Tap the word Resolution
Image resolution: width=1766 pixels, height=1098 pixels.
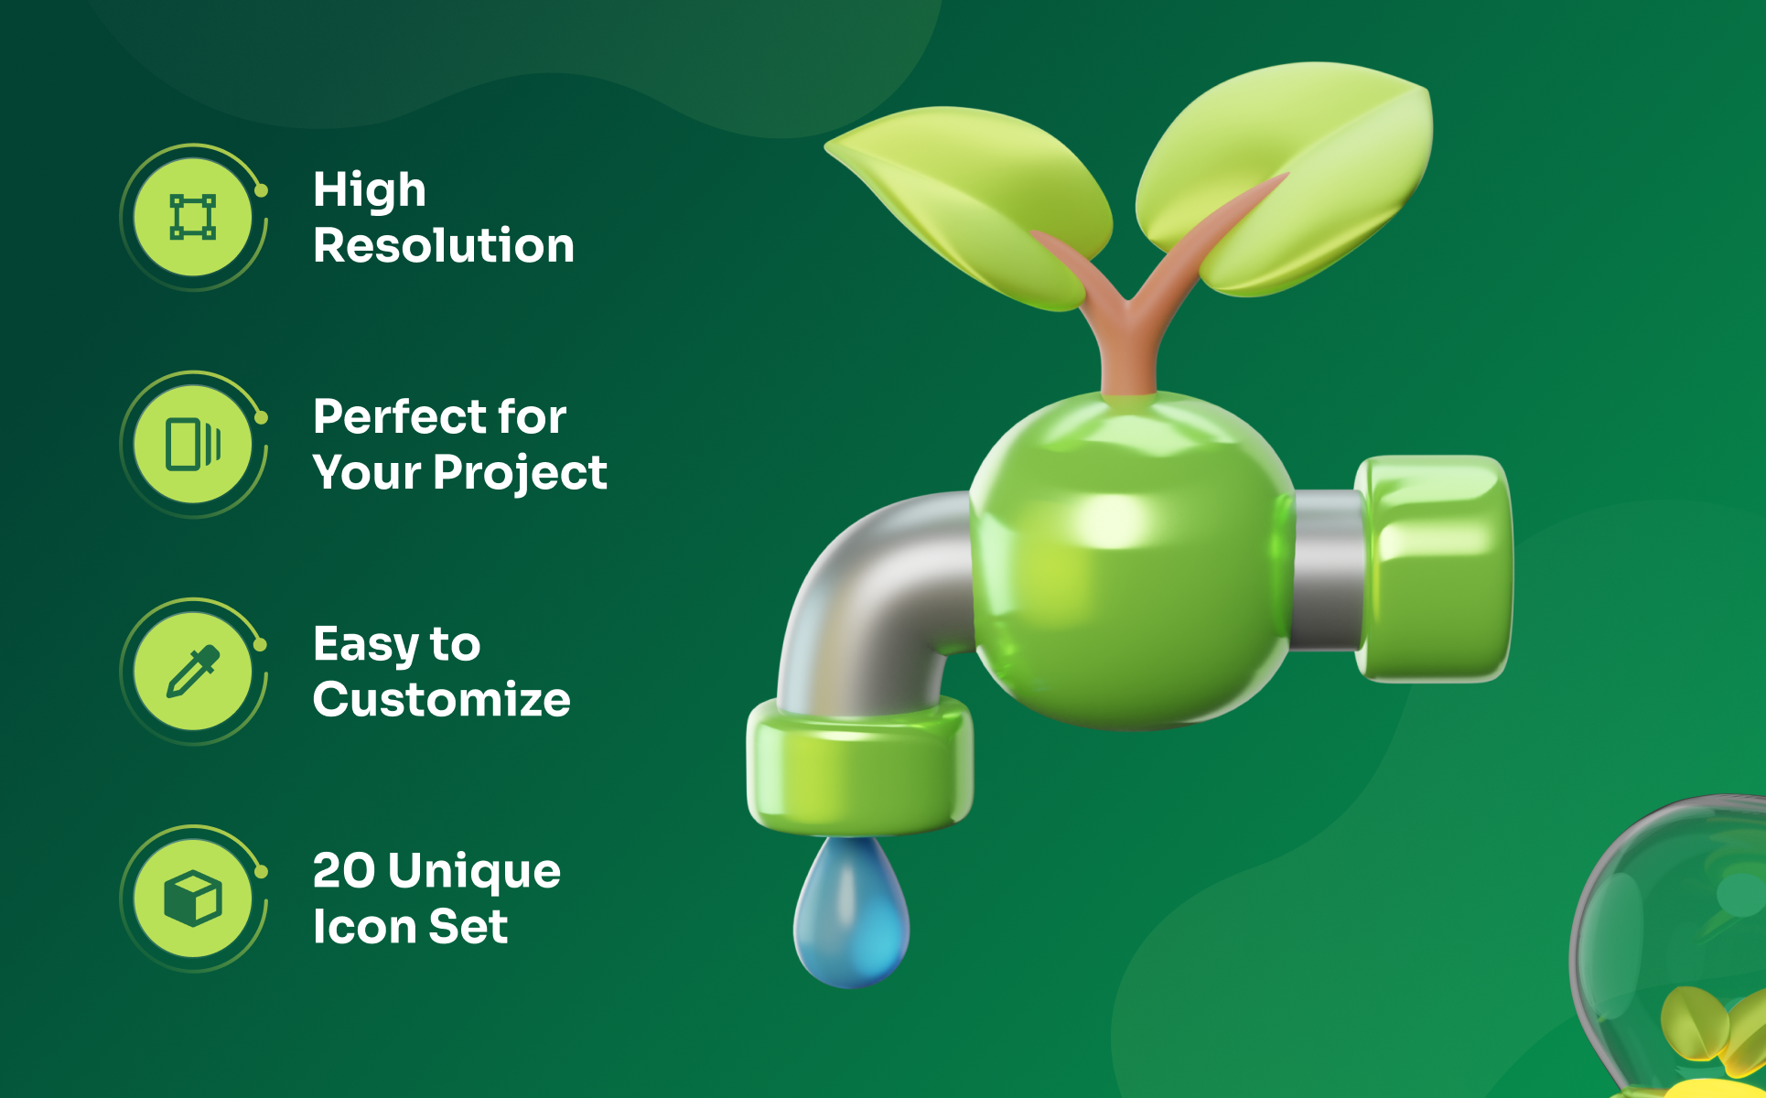444,245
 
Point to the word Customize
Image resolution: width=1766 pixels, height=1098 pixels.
442,699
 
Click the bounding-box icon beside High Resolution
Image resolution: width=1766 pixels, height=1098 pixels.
193,217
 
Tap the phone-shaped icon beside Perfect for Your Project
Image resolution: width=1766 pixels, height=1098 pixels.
193,444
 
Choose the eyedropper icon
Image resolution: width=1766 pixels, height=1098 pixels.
193,671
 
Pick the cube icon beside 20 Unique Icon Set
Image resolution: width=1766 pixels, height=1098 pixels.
193,898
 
